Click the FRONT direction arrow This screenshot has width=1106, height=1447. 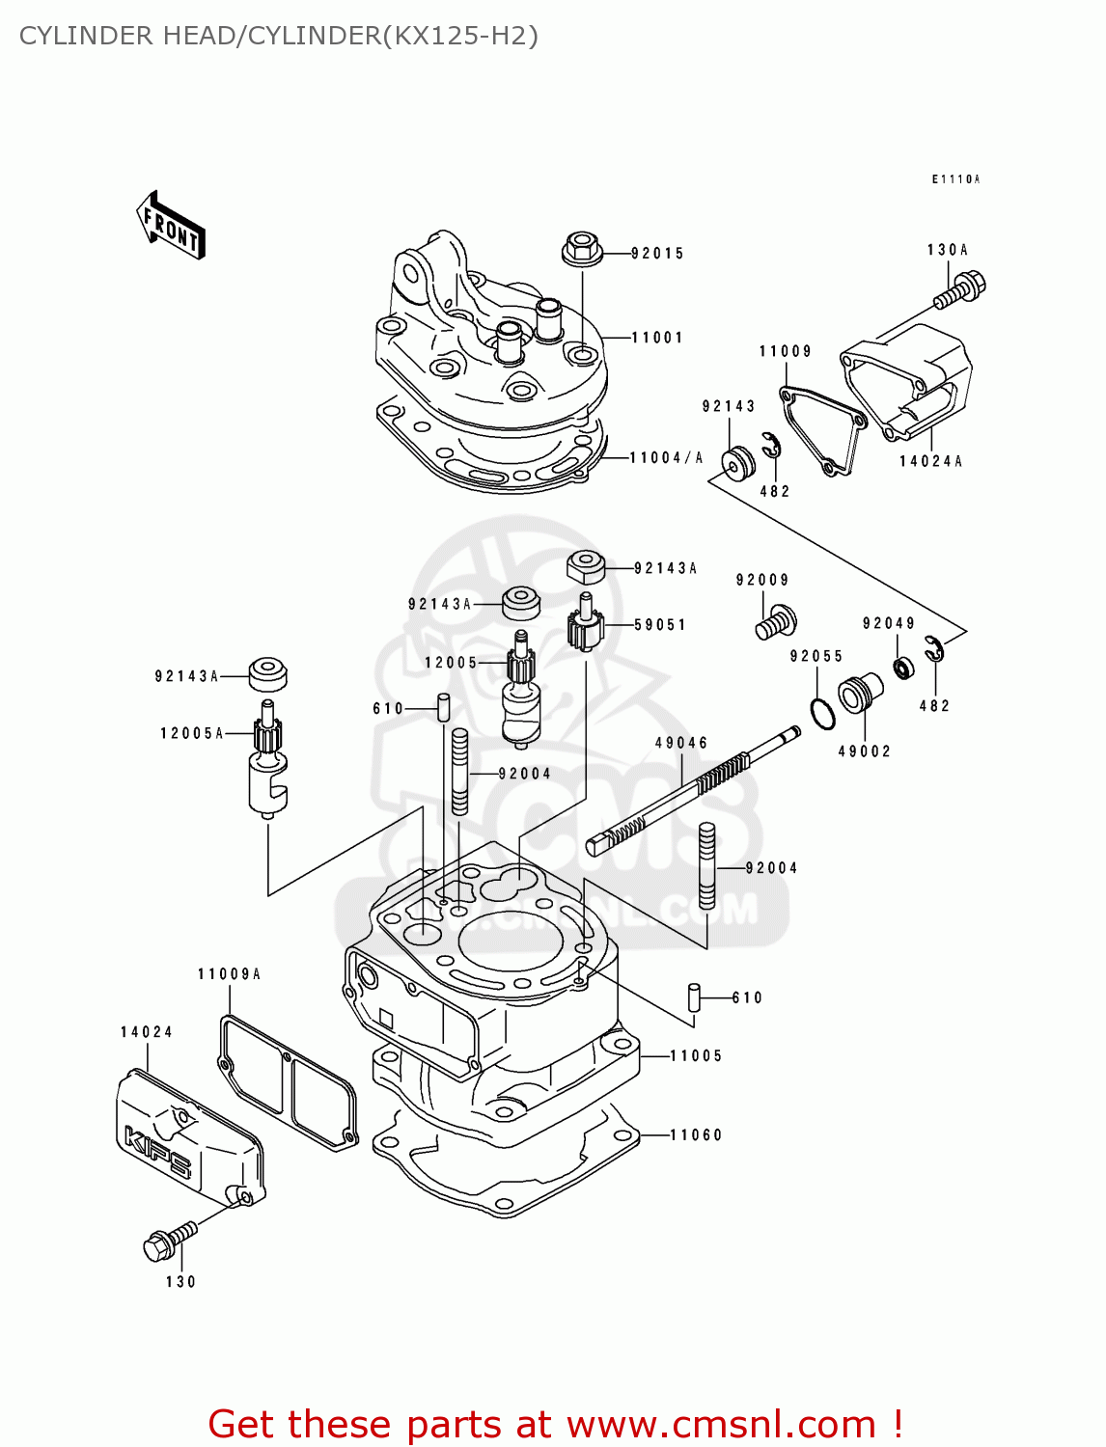pyautogui.click(x=172, y=226)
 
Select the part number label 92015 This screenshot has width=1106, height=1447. pyautogui.click(x=657, y=254)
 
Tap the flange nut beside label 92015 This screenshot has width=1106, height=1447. pyautogui.click(x=582, y=249)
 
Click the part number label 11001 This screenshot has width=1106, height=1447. pyautogui.click(x=657, y=338)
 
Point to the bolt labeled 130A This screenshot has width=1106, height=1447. pyautogui.click(x=961, y=289)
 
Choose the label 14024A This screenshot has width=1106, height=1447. pyautogui.click(x=930, y=461)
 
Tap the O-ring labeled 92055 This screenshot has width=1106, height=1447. pyautogui.click(x=822, y=714)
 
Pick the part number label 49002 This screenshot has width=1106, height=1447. pyautogui.click(x=864, y=751)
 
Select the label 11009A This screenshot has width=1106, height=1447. pyautogui.click(x=229, y=974)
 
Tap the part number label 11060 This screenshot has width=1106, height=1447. pyautogui.click(x=696, y=1135)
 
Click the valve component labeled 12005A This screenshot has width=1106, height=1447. pyautogui.click(x=267, y=762)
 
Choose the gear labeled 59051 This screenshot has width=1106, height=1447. pyautogui.click(x=585, y=629)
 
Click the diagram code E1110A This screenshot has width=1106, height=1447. pyautogui.click(x=954, y=179)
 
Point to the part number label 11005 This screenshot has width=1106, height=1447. pyautogui.click(x=696, y=1056)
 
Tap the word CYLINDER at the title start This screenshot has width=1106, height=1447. pyautogui.click(x=86, y=36)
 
